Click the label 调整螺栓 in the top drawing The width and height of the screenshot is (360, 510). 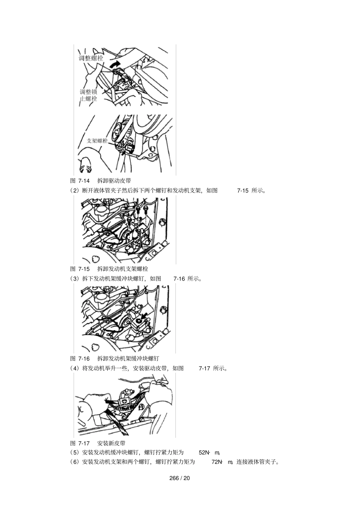point(91,58)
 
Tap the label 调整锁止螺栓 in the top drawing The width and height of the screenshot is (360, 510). point(88,95)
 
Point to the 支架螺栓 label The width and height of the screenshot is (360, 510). point(97,141)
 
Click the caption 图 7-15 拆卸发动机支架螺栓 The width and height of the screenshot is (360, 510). point(109,269)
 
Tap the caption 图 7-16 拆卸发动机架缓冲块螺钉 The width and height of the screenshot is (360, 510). point(114,358)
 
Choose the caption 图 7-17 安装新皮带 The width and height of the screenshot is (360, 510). point(99,443)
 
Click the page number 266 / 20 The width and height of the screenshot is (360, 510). point(180,478)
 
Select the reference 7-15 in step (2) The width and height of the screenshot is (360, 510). point(243,190)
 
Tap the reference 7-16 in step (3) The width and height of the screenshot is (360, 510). point(179,279)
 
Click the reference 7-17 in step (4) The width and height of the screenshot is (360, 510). point(204,368)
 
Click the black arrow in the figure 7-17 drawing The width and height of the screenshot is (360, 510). point(110,400)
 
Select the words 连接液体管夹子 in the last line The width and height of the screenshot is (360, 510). point(258,462)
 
